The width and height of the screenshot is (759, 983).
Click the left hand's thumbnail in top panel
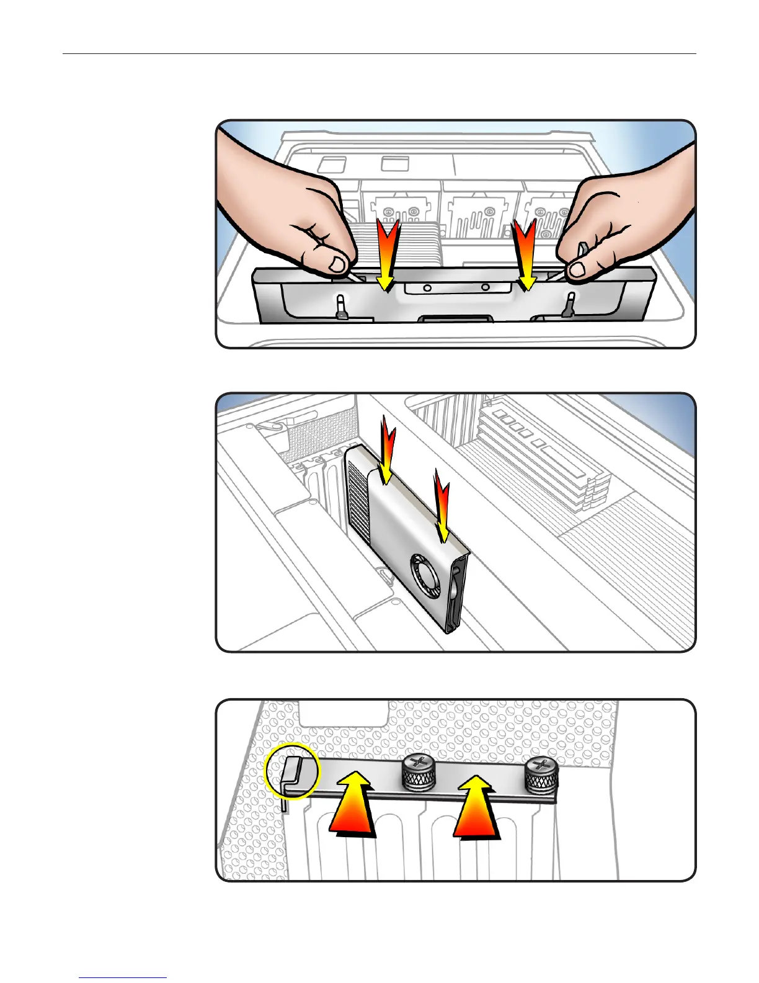tap(338, 265)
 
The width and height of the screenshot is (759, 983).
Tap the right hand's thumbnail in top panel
tap(578, 269)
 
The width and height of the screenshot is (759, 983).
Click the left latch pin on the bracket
tap(340, 307)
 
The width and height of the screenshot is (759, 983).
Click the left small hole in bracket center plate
tap(427, 289)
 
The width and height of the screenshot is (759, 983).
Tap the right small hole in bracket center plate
tap(485, 288)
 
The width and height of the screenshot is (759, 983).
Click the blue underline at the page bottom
tap(123, 977)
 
